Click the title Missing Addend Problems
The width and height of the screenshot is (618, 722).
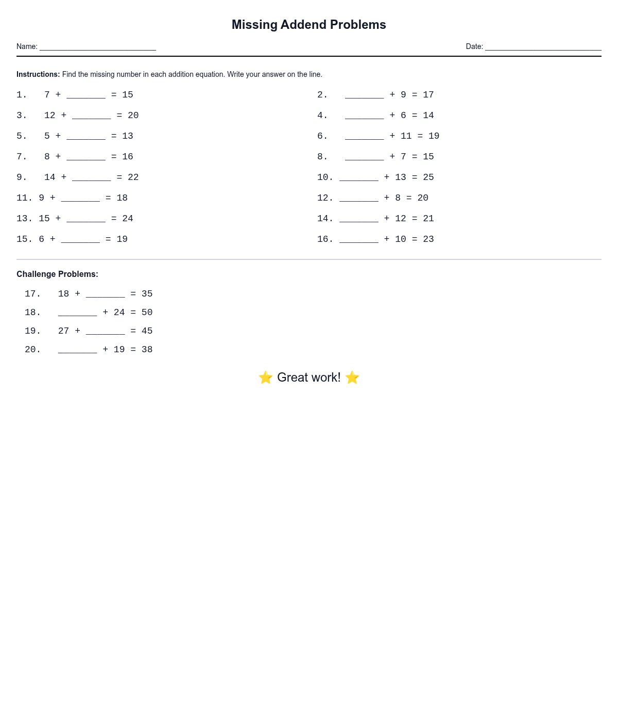coord(308,25)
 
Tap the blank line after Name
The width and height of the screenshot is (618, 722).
coord(98,47)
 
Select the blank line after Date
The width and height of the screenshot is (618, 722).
coord(543,47)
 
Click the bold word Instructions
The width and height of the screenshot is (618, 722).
coord(38,74)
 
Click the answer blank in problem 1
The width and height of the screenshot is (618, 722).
coord(86,95)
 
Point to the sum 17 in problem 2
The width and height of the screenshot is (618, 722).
coord(428,95)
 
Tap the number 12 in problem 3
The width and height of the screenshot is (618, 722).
coord(50,116)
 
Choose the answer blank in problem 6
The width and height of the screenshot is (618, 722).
coord(365,136)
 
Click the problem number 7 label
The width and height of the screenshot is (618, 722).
coord(22,157)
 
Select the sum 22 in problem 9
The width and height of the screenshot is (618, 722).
coord(133,177)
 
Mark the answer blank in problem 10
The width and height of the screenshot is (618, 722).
coord(359,177)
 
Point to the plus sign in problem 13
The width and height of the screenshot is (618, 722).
coord(58,219)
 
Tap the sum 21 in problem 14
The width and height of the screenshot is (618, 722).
coord(428,219)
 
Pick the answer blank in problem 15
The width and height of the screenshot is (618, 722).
coord(80,239)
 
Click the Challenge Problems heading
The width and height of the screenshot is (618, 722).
coord(57,274)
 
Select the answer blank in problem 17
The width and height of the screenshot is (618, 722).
coord(105,294)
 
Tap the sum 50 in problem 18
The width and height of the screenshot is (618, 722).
coord(147,313)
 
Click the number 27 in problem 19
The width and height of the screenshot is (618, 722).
coord(64,331)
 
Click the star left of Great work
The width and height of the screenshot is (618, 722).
coord(266,378)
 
